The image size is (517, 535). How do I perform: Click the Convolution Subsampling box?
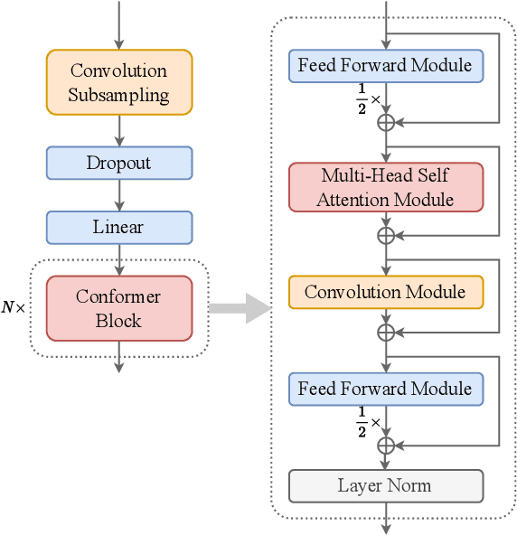[118, 82]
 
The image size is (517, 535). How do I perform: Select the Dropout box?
[118, 164]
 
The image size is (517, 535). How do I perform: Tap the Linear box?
[118, 228]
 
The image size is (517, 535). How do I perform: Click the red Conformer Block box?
[118, 308]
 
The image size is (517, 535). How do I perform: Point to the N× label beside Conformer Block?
[14, 307]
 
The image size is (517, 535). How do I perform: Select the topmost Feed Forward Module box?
[385, 65]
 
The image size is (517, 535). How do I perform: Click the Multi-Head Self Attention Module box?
[385, 187]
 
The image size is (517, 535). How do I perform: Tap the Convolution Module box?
[385, 292]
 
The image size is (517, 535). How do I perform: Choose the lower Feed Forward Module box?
[385, 390]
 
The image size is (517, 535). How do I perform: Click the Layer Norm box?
[385, 485]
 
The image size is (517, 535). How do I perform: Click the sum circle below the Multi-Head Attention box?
[386, 235]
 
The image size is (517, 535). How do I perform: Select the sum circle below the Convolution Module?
[386, 332]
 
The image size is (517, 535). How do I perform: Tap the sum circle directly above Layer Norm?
[386, 445]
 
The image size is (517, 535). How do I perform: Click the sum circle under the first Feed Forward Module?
[386, 121]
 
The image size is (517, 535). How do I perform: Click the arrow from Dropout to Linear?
[118, 195]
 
